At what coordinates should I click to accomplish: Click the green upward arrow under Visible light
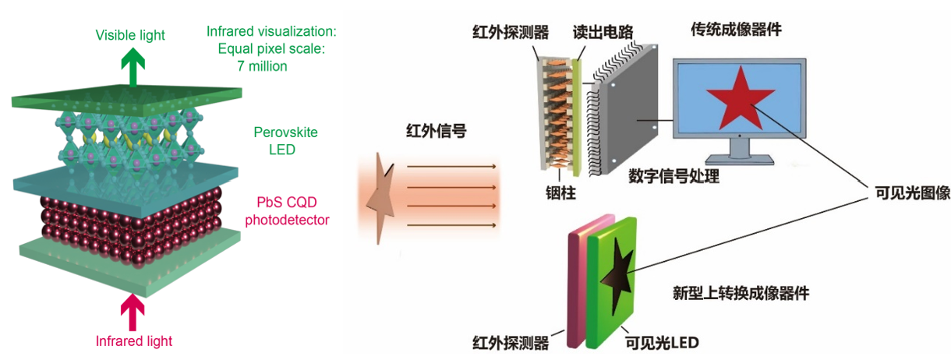click(133, 67)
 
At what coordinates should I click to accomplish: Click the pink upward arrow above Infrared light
click(133, 312)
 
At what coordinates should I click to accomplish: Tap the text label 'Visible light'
click(130, 35)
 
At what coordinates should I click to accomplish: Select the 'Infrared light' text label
click(134, 341)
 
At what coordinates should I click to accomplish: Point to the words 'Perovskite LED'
click(285, 140)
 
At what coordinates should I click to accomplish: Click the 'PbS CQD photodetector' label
click(287, 211)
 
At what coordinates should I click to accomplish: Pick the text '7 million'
click(262, 66)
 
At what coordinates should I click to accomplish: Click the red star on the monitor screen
click(741, 98)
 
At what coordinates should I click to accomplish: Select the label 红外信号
click(436, 131)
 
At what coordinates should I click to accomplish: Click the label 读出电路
click(603, 32)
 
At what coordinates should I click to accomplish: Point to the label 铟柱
click(560, 192)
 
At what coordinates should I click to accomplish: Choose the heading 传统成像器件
click(736, 30)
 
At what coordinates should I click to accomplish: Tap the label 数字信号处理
click(673, 176)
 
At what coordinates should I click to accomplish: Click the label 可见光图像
click(912, 192)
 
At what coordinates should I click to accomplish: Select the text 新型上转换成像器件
click(741, 293)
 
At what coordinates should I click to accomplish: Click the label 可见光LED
click(662, 343)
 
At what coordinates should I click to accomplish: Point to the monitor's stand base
click(739, 160)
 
